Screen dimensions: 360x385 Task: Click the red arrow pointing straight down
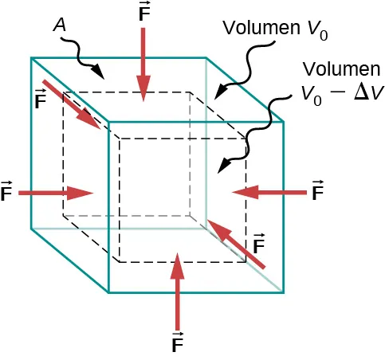(x=143, y=64)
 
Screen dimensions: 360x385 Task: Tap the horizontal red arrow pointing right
(x=56, y=193)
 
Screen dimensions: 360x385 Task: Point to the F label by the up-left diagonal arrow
(x=258, y=244)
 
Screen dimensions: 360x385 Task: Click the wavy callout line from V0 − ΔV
(x=255, y=135)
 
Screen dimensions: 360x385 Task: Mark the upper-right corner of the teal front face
(x=285, y=123)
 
